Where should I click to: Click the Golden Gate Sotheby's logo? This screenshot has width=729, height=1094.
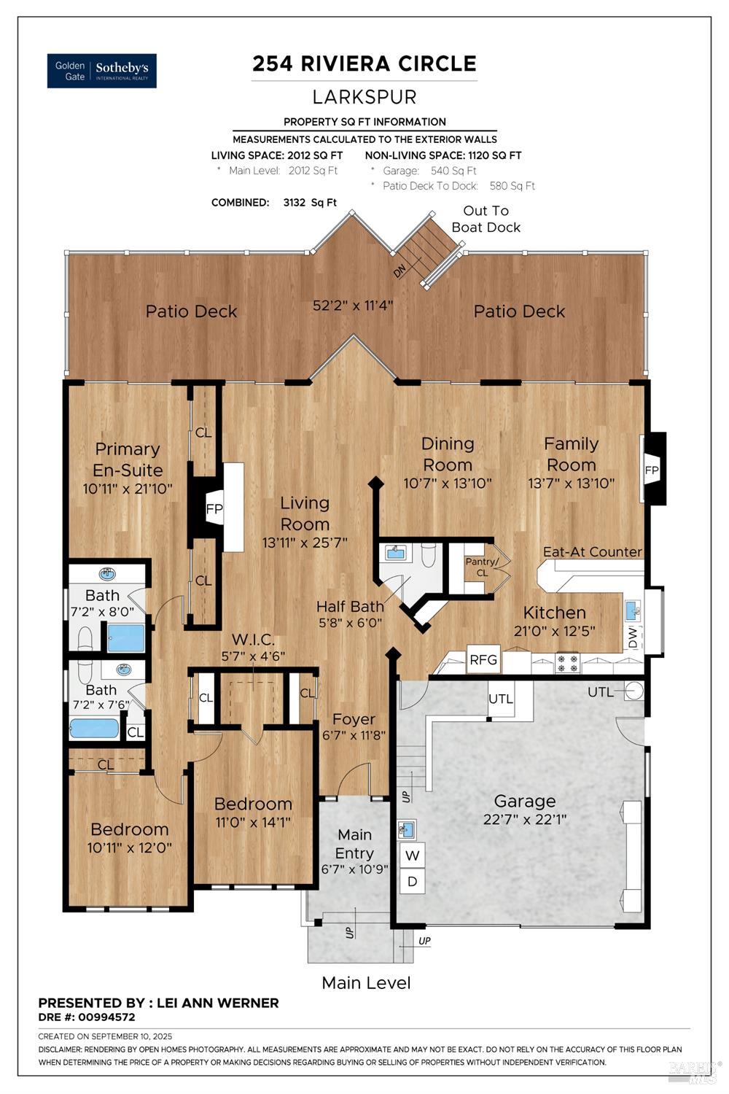(x=101, y=71)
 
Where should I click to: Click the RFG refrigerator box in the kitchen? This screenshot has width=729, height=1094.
(x=483, y=659)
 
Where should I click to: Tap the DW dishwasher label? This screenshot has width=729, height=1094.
(x=632, y=637)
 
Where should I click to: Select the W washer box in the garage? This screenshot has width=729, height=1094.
(x=413, y=856)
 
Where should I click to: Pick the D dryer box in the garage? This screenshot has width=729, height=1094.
(x=413, y=881)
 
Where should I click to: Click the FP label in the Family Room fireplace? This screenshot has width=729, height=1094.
(x=652, y=470)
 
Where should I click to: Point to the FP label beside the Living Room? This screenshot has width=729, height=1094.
(x=214, y=509)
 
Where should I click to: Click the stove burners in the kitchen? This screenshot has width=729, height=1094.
(x=567, y=663)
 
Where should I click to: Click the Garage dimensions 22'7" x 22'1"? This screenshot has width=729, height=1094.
(x=525, y=819)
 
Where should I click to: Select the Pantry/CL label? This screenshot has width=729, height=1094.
(x=482, y=567)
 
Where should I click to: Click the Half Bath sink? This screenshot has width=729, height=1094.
(x=395, y=553)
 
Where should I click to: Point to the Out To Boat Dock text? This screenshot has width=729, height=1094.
(x=486, y=219)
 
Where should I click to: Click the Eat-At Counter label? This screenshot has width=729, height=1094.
(x=593, y=551)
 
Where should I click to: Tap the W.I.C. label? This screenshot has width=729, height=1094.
(x=253, y=640)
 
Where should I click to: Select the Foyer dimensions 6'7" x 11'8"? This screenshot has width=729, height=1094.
(x=354, y=735)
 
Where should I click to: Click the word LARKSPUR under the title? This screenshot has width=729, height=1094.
(x=364, y=97)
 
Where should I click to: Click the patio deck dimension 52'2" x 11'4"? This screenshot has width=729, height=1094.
(x=353, y=306)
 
